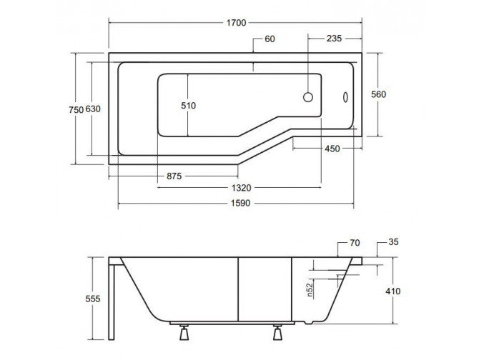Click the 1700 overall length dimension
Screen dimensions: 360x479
(x=235, y=23)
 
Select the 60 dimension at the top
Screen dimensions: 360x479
(x=270, y=39)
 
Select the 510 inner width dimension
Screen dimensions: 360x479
(x=188, y=105)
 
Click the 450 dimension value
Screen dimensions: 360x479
(x=332, y=149)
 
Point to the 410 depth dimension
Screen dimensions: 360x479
(x=392, y=291)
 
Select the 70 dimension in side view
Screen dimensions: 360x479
(x=355, y=244)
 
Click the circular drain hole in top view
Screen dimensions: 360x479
(x=310, y=96)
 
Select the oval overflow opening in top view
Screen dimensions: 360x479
(x=346, y=96)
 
